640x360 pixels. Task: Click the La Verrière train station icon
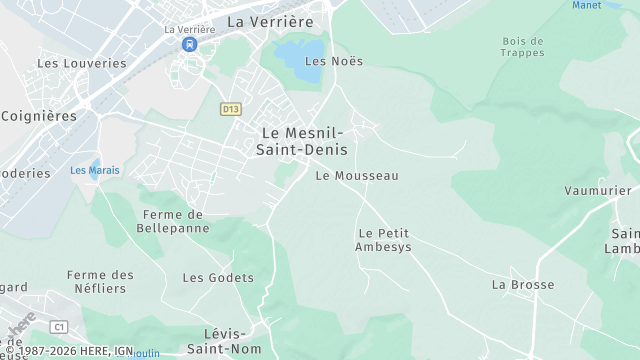click(x=189, y=45)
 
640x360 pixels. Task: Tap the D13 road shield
click(x=231, y=108)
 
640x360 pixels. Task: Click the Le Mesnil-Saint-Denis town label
click(x=302, y=140)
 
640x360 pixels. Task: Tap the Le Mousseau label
click(x=356, y=176)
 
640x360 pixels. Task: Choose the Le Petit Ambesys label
click(x=383, y=240)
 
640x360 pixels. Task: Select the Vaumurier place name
click(x=598, y=191)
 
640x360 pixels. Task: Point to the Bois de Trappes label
click(x=523, y=47)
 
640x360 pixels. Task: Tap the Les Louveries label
click(x=82, y=63)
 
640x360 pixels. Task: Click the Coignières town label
click(x=39, y=116)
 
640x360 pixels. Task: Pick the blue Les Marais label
click(x=95, y=170)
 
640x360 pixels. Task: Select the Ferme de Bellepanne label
click(x=174, y=221)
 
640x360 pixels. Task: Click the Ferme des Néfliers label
click(x=100, y=281)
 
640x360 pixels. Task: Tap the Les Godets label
click(x=218, y=277)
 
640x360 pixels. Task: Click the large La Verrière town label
click(x=270, y=21)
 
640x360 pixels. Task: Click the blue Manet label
click(x=587, y=5)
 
